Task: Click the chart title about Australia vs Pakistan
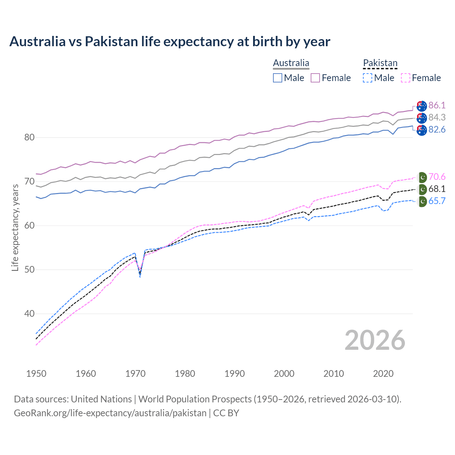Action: tap(170, 42)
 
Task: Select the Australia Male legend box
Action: tap(278, 78)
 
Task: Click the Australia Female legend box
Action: tap(315, 78)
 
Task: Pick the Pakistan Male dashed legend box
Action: tap(368, 78)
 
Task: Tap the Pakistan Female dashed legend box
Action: tap(405, 78)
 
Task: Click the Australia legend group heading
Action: tap(291, 63)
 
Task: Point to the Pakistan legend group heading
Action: tap(380, 63)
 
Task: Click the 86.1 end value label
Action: tap(437, 105)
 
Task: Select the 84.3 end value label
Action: tap(437, 117)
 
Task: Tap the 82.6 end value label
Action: tap(437, 130)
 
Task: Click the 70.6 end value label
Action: tap(437, 177)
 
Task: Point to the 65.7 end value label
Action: tap(437, 201)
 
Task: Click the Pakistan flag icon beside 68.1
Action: tap(422, 189)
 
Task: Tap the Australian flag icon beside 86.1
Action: tap(422, 106)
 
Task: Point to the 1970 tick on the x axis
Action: tap(135, 374)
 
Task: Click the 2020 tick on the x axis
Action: tap(383, 374)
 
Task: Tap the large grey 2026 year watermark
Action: tap(375, 340)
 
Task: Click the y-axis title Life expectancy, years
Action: tap(15, 227)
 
